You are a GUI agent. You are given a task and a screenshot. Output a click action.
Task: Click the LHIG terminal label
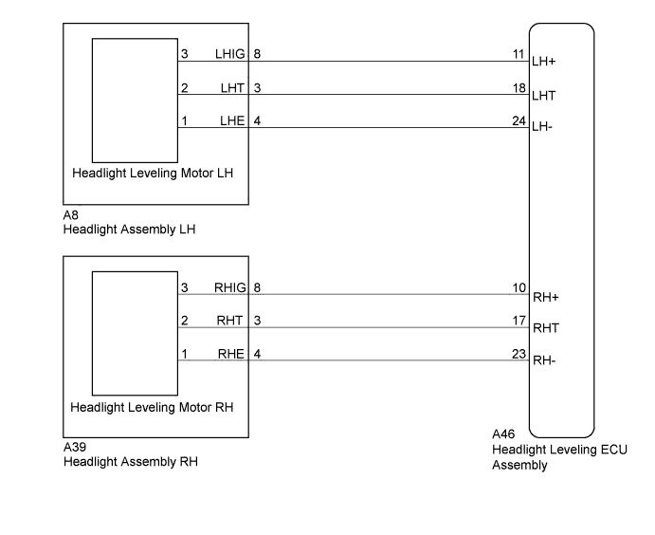pyautogui.click(x=229, y=54)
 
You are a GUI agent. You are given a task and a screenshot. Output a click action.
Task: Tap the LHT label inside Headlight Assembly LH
pyautogui.click(x=232, y=88)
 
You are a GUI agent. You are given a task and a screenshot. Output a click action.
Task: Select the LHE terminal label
pyautogui.click(x=232, y=120)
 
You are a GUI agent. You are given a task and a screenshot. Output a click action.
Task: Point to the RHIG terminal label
pyautogui.click(x=230, y=287)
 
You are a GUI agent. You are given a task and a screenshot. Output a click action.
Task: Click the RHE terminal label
pyautogui.click(x=230, y=354)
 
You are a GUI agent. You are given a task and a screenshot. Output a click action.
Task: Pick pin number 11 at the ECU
pyautogui.click(x=519, y=54)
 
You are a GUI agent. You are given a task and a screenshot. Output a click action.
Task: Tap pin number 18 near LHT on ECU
pyautogui.click(x=519, y=88)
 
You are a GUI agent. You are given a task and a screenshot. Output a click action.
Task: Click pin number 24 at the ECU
pyautogui.click(x=519, y=120)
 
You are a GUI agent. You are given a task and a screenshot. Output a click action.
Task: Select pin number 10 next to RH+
pyautogui.click(x=519, y=287)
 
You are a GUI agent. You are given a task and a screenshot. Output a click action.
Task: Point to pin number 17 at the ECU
pyautogui.click(x=519, y=321)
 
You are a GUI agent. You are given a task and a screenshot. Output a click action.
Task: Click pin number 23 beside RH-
pyautogui.click(x=519, y=354)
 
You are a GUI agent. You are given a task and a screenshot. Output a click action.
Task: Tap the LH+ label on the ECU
pyautogui.click(x=543, y=62)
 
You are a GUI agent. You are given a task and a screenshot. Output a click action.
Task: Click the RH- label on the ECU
pyautogui.click(x=544, y=360)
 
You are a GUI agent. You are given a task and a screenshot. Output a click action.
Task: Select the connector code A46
pyautogui.click(x=503, y=434)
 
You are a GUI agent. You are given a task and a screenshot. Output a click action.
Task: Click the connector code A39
pyautogui.click(x=75, y=447)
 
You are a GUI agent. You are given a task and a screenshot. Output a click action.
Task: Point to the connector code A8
pyautogui.click(x=70, y=215)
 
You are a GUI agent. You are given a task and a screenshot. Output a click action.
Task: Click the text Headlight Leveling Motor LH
pyautogui.click(x=153, y=173)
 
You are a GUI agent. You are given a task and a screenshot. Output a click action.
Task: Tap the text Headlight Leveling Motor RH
pyautogui.click(x=152, y=407)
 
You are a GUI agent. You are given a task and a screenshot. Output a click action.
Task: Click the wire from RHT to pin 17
pyautogui.click(x=354, y=327)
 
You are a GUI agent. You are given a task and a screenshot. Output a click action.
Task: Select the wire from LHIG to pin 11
pyautogui.click(x=354, y=61)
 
